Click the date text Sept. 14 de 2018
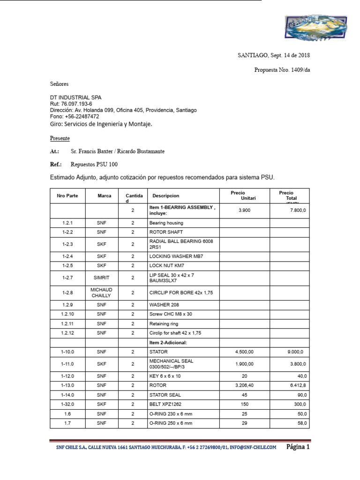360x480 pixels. (x=290, y=55)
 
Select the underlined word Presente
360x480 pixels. (x=60, y=138)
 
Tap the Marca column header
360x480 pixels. (x=105, y=196)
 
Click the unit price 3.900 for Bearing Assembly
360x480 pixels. (x=244, y=210)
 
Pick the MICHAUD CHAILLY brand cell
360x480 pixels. (x=102, y=292)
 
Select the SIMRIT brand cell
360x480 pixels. (x=102, y=277)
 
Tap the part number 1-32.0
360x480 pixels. (x=67, y=404)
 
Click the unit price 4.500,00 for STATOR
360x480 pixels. (x=244, y=352)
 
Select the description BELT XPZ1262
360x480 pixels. (x=165, y=404)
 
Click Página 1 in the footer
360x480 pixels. (x=298, y=447)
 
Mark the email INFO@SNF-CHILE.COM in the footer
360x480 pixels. (x=253, y=448)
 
